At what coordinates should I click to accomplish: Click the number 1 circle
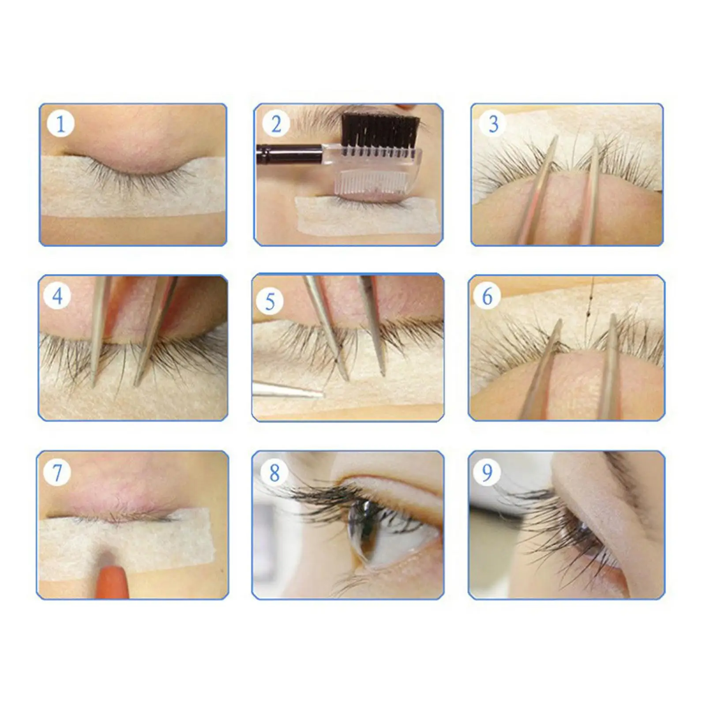pyautogui.click(x=60, y=124)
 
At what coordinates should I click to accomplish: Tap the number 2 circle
pyautogui.click(x=276, y=124)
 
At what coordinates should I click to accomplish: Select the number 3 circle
pyautogui.click(x=493, y=124)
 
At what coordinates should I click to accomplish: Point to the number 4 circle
pyautogui.click(x=57, y=296)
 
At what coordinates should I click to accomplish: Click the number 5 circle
pyautogui.click(x=270, y=302)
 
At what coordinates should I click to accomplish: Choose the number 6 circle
pyautogui.click(x=487, y=296)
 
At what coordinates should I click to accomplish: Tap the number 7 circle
pyautogui.click(x=57, y=473)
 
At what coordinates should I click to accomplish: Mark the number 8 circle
pyautogui.click(x=274, y=473)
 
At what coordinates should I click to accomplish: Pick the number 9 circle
pyautogui.click(x=487, y=473)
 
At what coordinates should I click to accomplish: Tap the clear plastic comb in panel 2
pyautogui.click(x=375, y=176)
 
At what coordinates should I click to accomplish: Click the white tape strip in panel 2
pyautogui.click(x=366, y=218)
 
